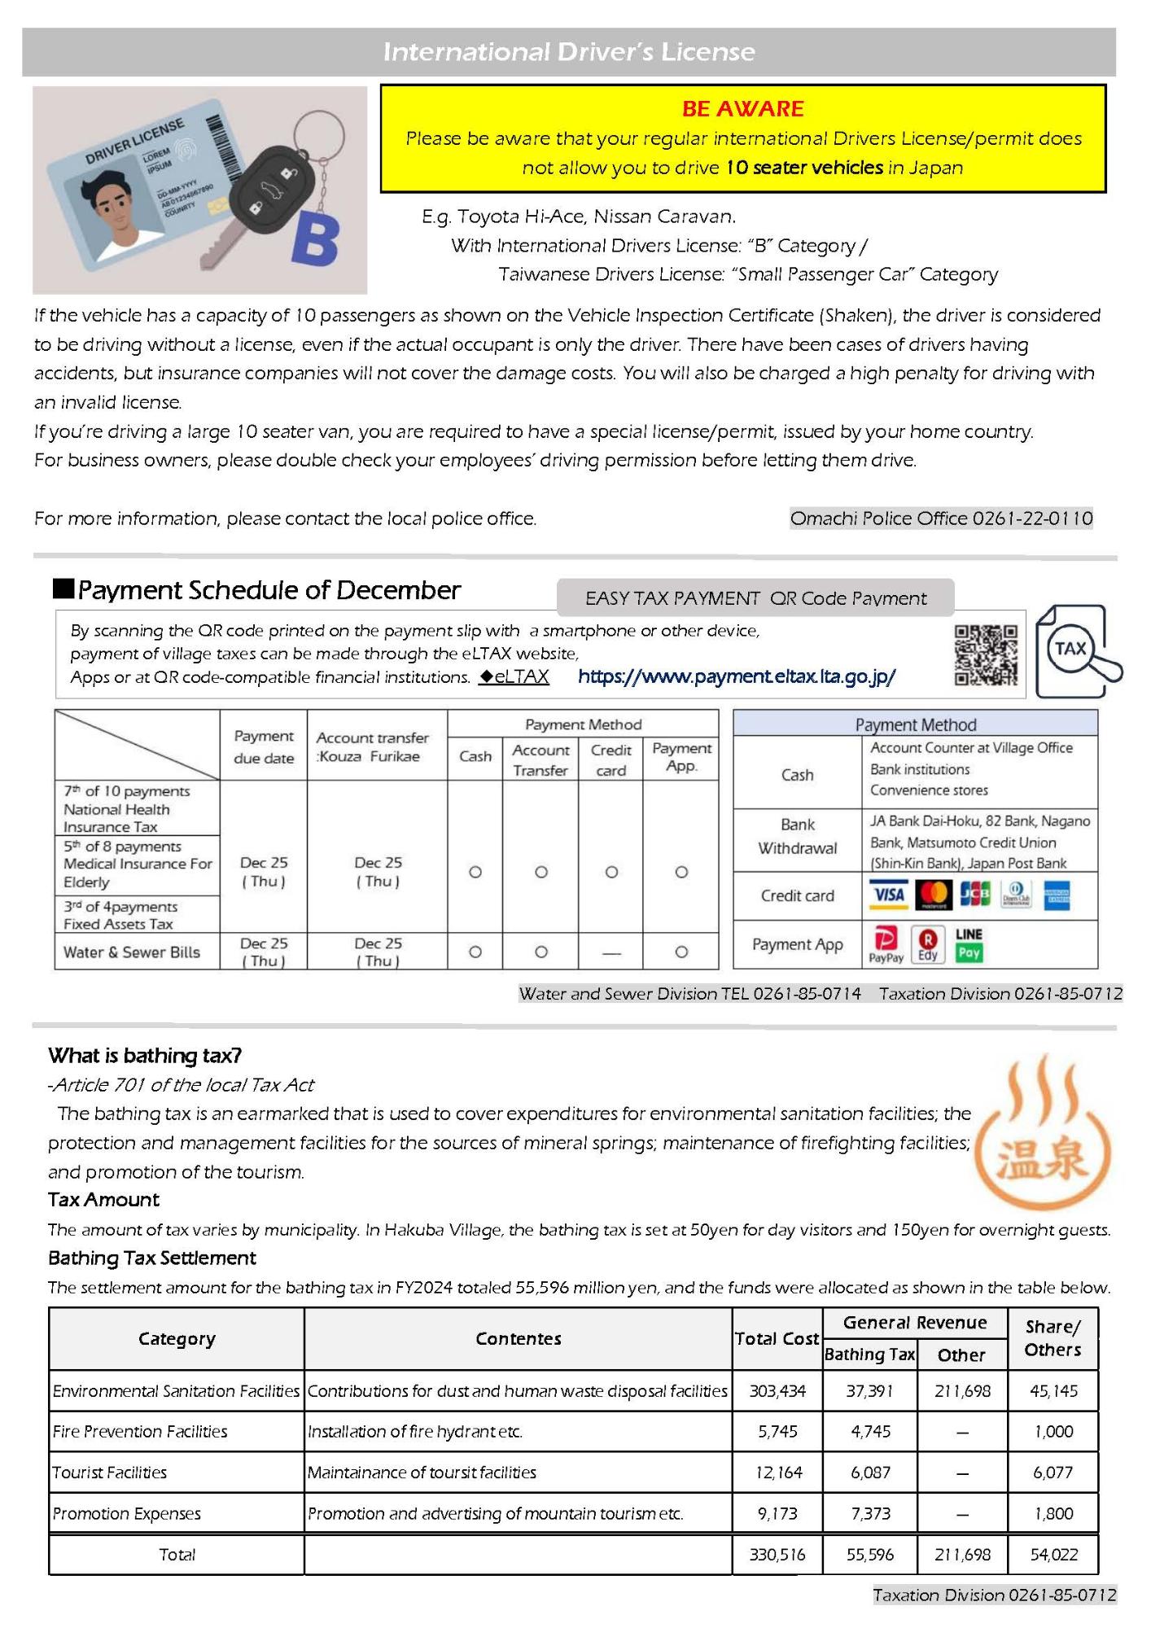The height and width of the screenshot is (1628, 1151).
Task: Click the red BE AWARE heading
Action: tap(742, 108)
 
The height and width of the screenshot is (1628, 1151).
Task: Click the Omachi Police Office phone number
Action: tap(941, 519)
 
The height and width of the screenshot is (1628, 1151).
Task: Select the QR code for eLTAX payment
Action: tap(986, 654)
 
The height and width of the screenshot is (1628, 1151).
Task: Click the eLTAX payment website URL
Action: tap(737, 676)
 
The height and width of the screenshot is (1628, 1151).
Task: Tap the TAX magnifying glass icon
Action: tap(1077, 651)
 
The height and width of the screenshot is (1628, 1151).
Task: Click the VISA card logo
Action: tap(888, 895)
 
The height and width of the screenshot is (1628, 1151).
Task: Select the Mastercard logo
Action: tap(934, 895)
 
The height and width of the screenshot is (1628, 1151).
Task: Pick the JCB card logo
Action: tap(975, 895)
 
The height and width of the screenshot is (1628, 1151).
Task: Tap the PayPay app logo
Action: tap(886, 944)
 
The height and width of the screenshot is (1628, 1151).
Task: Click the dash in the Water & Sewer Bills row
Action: tap(611, 952)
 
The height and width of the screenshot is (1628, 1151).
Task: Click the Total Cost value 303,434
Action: tap(777, 1391)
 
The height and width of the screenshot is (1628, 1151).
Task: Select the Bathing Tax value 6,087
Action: tap(870, 1473)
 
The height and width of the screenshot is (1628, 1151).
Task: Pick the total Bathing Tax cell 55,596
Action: tap(870, 1555)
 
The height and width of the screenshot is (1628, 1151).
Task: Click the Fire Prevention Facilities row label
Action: tap(140, 1432)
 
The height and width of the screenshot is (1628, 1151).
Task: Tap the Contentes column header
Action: tap(519, 1339)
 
